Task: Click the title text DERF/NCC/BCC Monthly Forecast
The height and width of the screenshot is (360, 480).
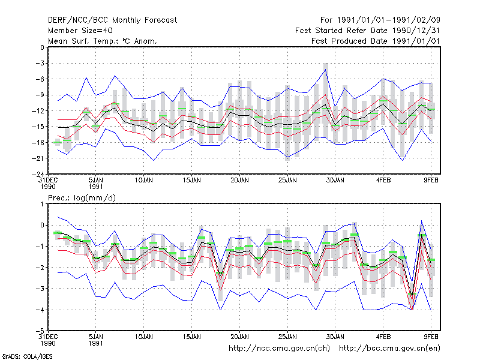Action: coord(112,20)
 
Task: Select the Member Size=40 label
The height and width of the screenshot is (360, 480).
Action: coord(80,31)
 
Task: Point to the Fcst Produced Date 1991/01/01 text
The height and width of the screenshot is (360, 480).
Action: coord(376,41)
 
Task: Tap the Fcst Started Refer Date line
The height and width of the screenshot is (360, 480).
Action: coord(368,31)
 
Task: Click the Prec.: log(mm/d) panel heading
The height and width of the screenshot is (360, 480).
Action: coord(82,198)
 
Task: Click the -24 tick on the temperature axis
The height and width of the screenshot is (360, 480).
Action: coord(38,174)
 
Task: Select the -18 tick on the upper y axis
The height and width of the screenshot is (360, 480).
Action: coord(38,142)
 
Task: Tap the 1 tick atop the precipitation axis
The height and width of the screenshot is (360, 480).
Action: coord(43,204)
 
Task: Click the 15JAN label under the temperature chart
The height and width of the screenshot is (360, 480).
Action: coord(192,181)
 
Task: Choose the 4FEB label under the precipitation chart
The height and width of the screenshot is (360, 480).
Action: coord(383,337)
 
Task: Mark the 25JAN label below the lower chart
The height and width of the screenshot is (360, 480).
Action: coord(287,337)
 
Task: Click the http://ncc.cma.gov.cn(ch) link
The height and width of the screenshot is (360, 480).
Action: coord(279,349)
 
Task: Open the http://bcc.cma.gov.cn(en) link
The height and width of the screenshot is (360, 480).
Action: coord(389,349)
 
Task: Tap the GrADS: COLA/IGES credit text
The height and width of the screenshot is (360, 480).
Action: coord(27,356)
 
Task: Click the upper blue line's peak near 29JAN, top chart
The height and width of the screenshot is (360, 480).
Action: coord(325,70)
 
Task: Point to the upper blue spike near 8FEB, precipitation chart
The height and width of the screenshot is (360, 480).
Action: coord(422,221)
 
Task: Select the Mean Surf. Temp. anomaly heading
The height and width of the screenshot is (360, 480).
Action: coord(103,41)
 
